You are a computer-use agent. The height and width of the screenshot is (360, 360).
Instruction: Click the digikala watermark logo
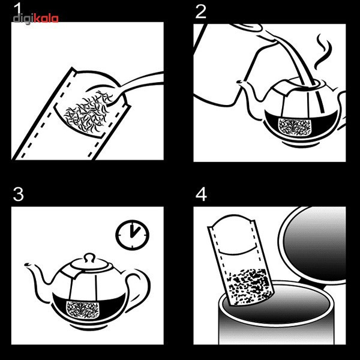[35, 19]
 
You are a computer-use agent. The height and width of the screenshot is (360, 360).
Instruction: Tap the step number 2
[200, 12]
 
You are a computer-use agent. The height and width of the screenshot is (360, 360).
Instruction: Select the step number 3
[19, 194]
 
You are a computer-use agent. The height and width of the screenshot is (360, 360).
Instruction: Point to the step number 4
[201, 194]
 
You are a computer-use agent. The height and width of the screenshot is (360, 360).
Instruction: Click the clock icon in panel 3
[132, 235]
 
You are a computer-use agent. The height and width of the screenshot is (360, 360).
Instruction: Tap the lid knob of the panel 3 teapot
[89, 257]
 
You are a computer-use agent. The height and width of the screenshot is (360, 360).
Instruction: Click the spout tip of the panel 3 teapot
[26, 265]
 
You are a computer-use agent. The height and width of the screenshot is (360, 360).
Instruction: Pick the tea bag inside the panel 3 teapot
[83, 310]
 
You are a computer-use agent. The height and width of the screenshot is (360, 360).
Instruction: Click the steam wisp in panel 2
[323, 52]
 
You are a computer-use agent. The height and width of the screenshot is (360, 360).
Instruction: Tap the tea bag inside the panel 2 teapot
[295, 127]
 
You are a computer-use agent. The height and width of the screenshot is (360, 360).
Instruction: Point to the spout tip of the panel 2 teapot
[239, 82]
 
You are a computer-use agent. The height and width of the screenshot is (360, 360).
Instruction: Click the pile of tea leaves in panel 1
[88, 113]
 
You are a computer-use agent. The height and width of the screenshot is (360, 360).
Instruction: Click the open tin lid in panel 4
[312, 245]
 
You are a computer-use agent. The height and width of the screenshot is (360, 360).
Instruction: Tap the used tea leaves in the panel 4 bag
[249, 286]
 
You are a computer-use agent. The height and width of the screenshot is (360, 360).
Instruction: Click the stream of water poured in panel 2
[298, 62]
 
